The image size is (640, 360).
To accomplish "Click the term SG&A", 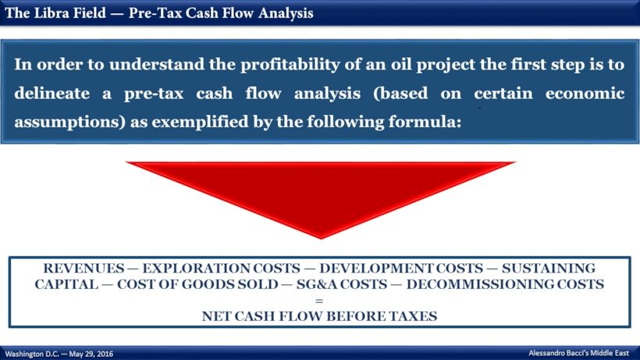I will [309, 284].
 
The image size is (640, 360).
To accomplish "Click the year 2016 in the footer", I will [102, 354].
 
